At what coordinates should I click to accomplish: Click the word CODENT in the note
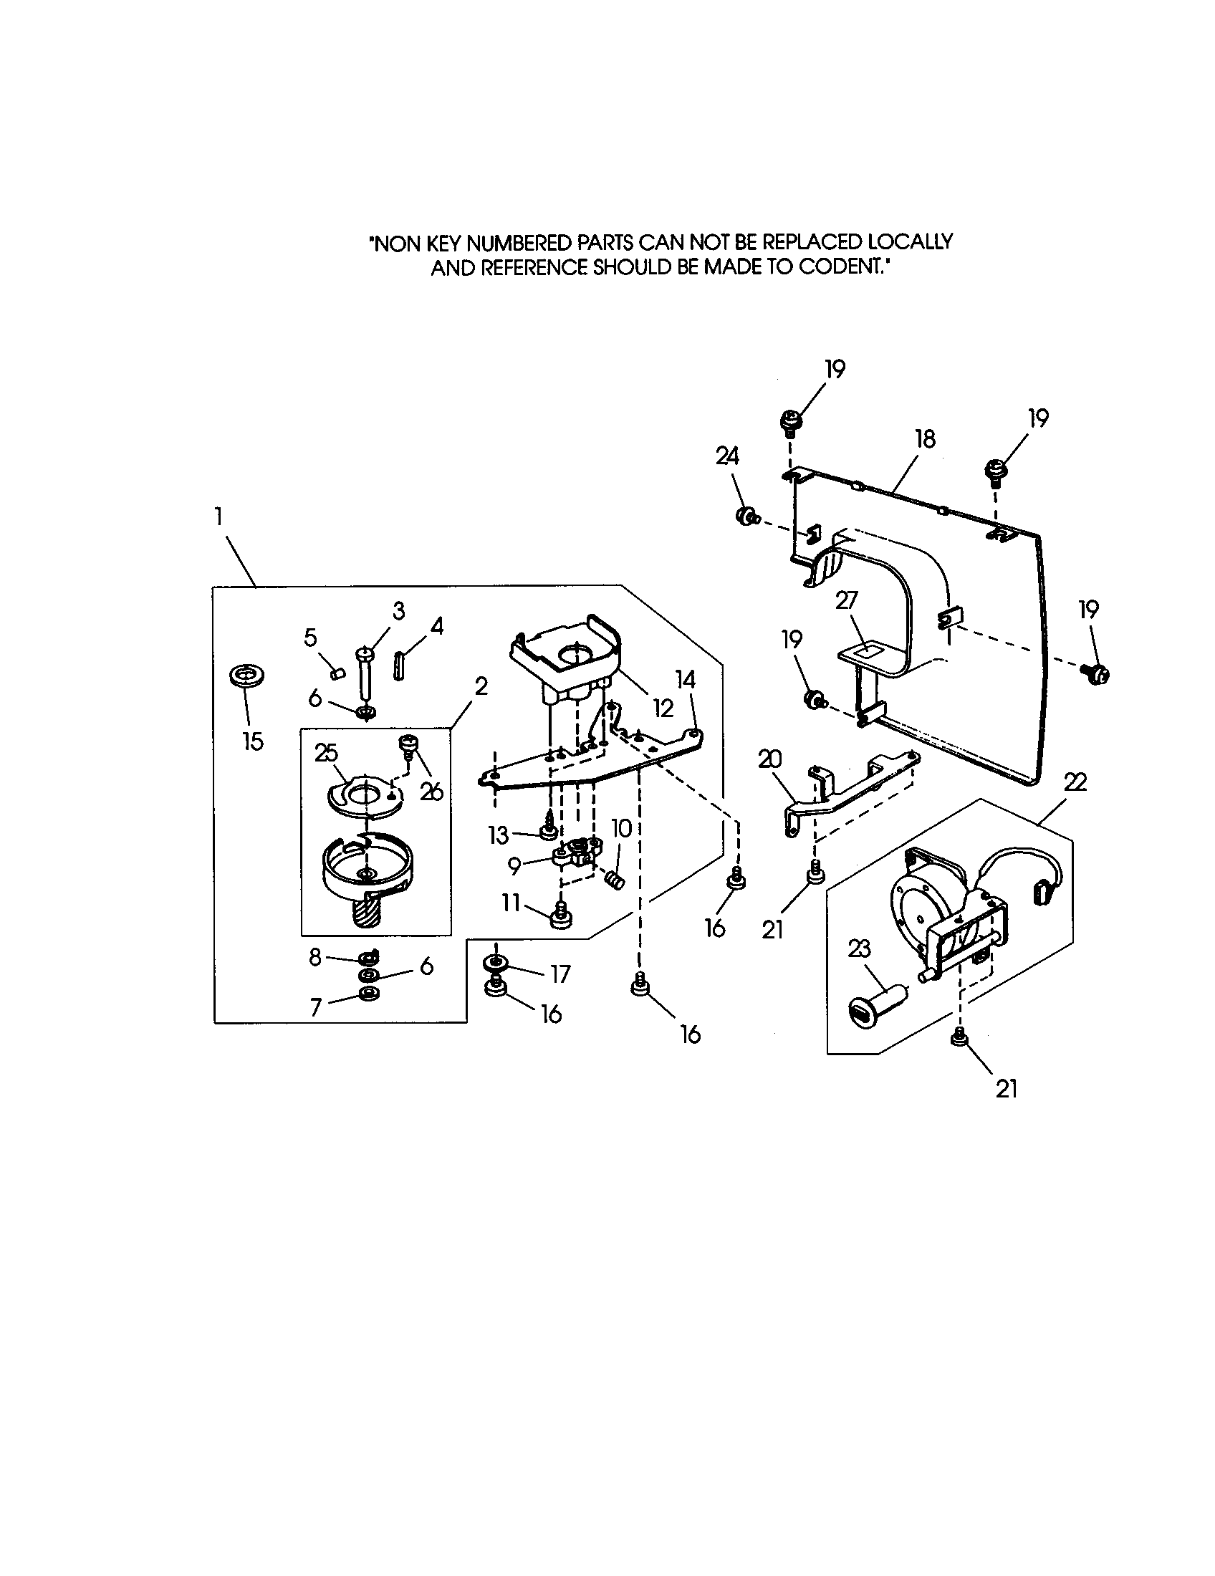click(x=840, y=267)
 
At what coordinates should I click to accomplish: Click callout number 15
click(x=252, y=742)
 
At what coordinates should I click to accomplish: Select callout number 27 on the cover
click(x=846, y=601)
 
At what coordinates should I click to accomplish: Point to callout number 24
click(x=727, y=456)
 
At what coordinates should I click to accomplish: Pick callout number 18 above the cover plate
click(x=925, y=438)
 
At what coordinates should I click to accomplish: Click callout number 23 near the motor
click(x=858, y=950)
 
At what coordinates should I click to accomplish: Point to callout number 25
click(x=326, y=753)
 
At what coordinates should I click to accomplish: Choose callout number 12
click(x=663, y=708)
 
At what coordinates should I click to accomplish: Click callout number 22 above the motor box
click(x=1075, y=782)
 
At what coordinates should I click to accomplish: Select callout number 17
click(x=560, y=974)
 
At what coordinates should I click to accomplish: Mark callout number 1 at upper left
click(x=217, y=516)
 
